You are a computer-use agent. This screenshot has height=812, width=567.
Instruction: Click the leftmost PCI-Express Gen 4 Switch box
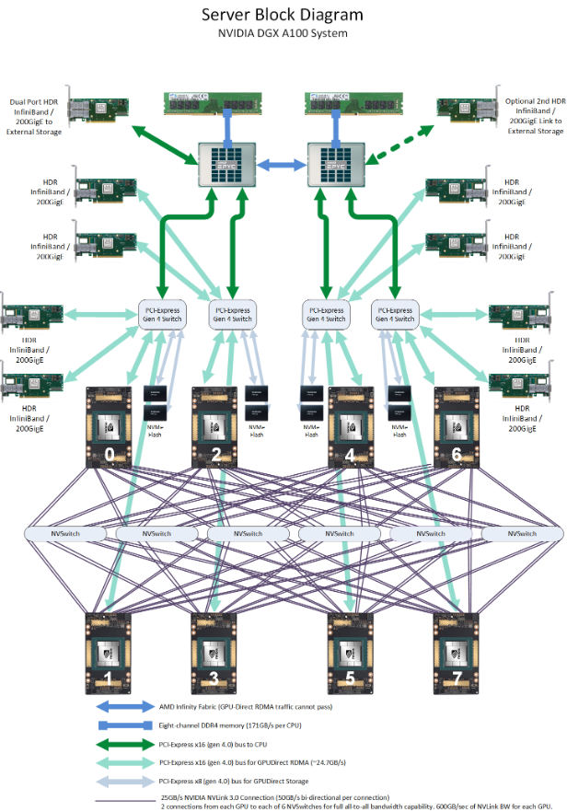pos(160,315)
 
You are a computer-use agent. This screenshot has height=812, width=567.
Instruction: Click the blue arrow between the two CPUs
pos(281,165)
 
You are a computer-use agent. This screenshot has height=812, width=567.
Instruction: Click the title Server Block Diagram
pos(283,15)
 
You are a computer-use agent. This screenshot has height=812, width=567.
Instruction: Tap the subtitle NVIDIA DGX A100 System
pos(283,33)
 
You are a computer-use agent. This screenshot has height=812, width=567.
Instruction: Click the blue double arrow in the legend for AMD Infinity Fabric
pos(125,707)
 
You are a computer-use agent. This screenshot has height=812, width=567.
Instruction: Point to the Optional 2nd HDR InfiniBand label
pos(533,116)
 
